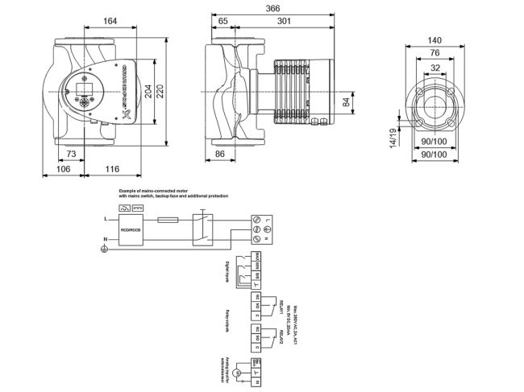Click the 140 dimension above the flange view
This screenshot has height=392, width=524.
tap(436, 39)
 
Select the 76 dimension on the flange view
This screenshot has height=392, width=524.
tap(436, 54)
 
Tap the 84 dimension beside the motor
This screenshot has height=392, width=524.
tap(347, 101)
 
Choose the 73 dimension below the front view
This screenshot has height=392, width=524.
tap(70, 154)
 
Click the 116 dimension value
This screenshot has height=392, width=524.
tap(112, 169)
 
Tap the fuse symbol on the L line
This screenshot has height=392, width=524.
tap(169, 219)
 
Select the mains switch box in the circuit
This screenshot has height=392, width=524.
tap(202, 229)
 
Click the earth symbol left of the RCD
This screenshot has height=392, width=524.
tap(102, 250)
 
